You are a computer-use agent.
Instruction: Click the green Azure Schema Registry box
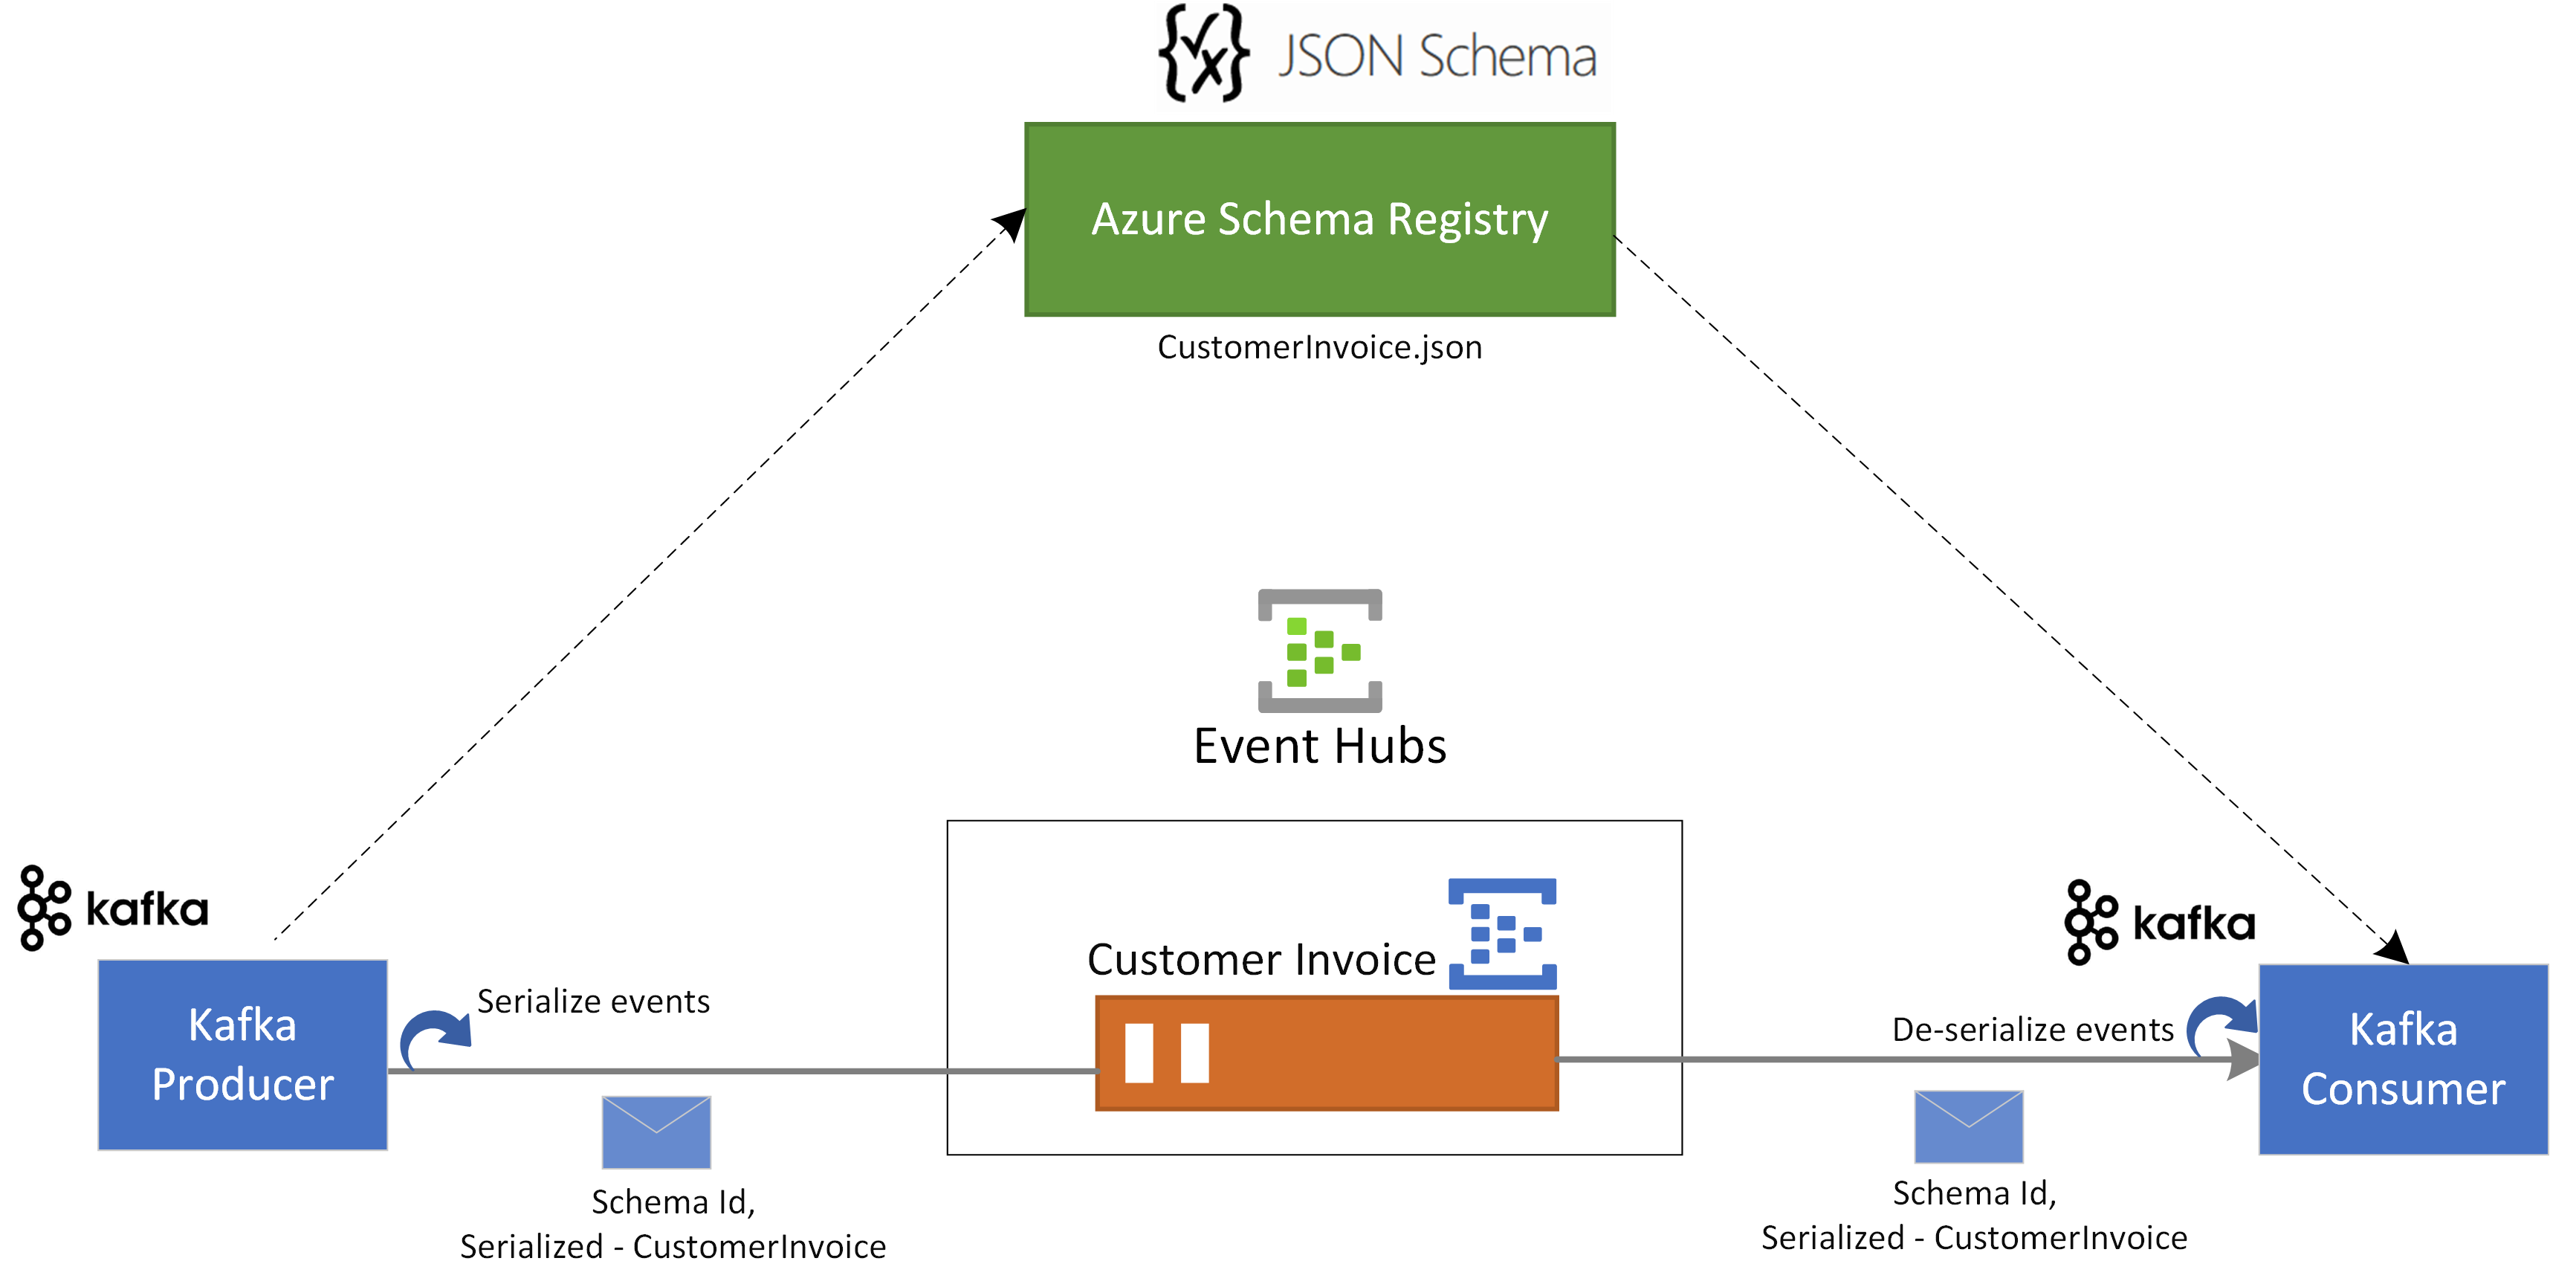click(1319, 220)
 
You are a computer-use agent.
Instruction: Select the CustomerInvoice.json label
click(1319, 347)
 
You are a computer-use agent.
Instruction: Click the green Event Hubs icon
click(1319, 651)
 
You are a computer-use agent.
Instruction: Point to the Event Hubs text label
click(1319, 746)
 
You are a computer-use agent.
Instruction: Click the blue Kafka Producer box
click(242, 1054)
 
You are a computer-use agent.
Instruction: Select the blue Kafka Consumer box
click(2403, 1059)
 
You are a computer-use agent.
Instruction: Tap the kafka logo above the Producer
click(113, 908)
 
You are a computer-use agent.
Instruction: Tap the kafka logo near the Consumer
click(2160, 922)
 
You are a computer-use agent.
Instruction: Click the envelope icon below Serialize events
click(656, 1132)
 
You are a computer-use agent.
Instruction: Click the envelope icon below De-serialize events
click(1968, 1126)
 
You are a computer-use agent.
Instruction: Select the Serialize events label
click(593, 1002)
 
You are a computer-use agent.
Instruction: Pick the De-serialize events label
click(2032, 1030)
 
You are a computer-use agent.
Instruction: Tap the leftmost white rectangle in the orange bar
click(1139, 1054)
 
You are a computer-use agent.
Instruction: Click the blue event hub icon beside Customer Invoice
click(1502, 934)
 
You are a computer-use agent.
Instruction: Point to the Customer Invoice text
click(1261, 959)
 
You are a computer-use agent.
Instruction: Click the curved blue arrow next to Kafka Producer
click(433, 1037)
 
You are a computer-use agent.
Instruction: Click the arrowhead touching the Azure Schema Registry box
click(1012, 223)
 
